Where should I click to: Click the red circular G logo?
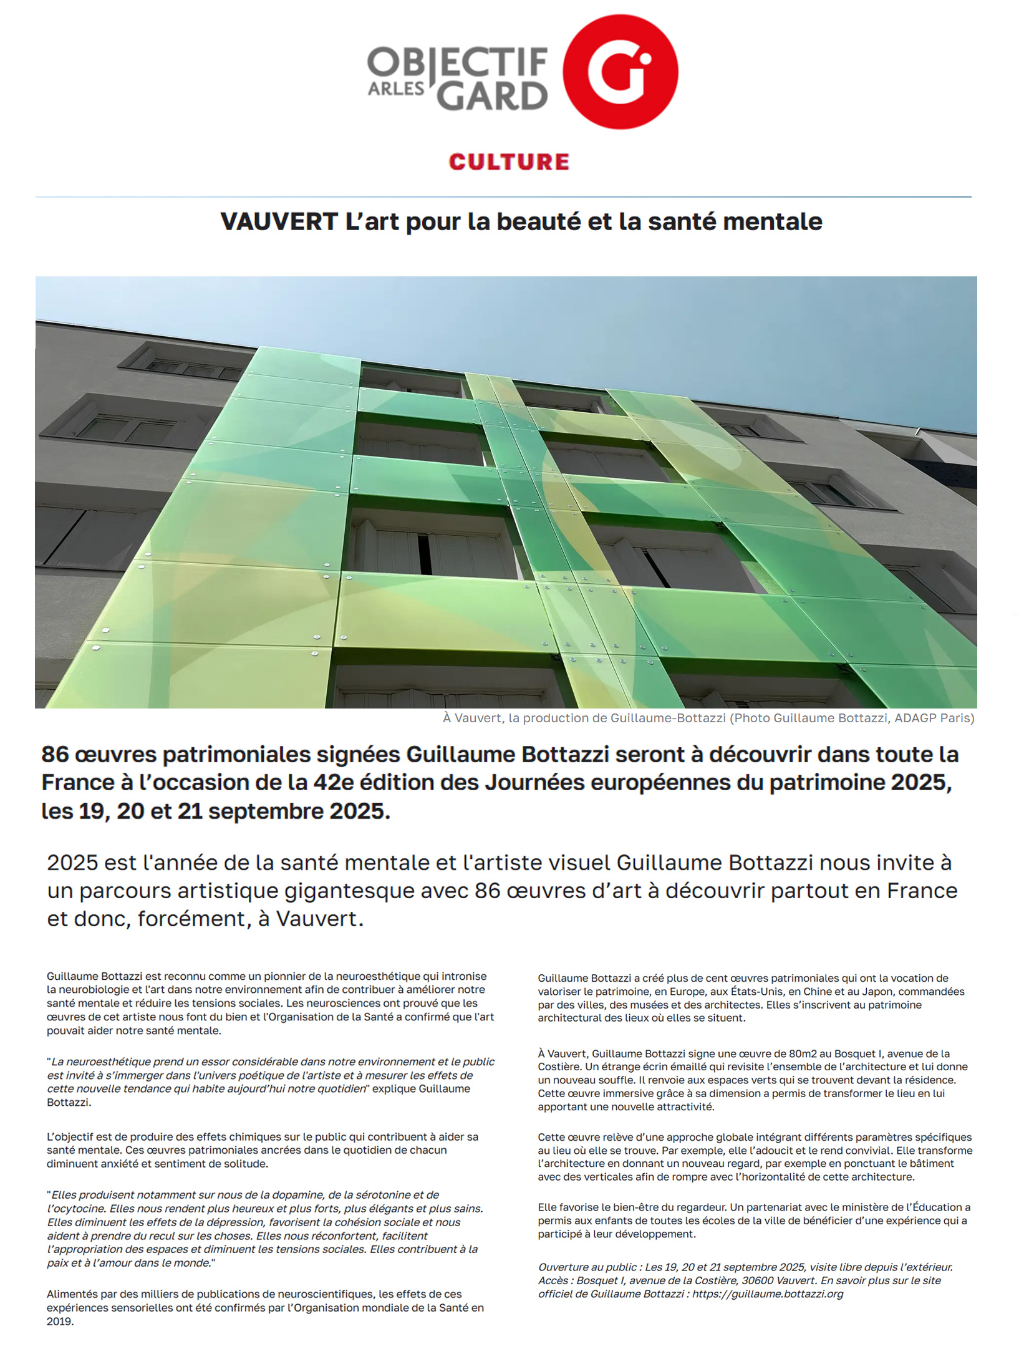point(620,71)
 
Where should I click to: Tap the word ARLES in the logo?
point(395,89)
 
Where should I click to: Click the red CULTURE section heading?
point(509,162)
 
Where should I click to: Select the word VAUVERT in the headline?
point(279,222)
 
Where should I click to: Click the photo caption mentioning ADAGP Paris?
point(708,718)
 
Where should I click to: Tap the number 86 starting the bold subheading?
point(55,755)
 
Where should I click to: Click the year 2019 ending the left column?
point(59,1321)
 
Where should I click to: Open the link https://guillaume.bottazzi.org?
point(768,1294)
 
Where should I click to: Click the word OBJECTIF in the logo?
point(457,62)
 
